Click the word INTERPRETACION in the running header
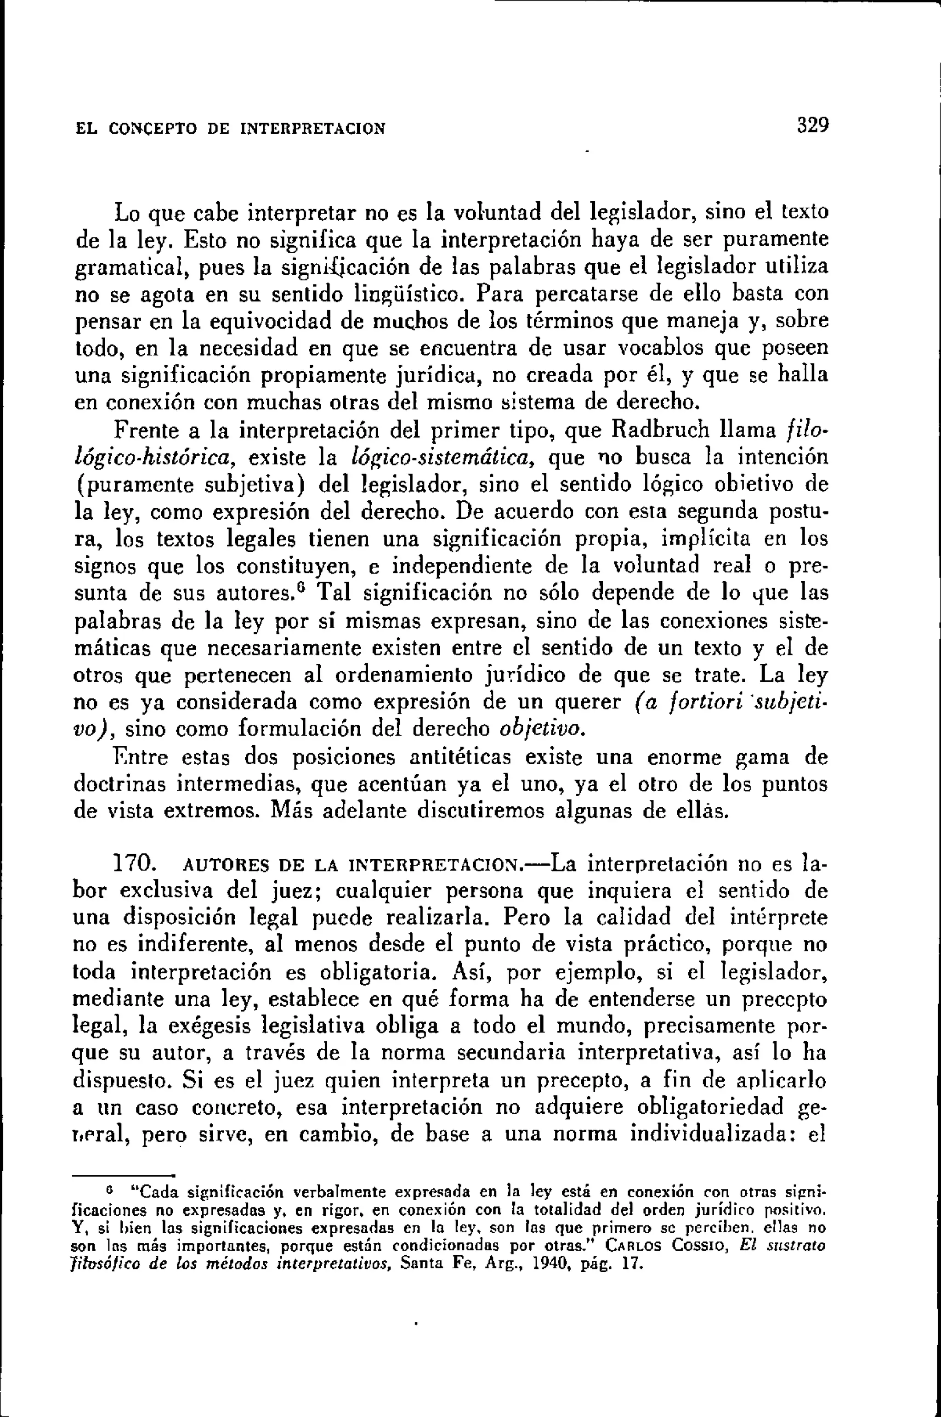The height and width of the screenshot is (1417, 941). tap(312, 129)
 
